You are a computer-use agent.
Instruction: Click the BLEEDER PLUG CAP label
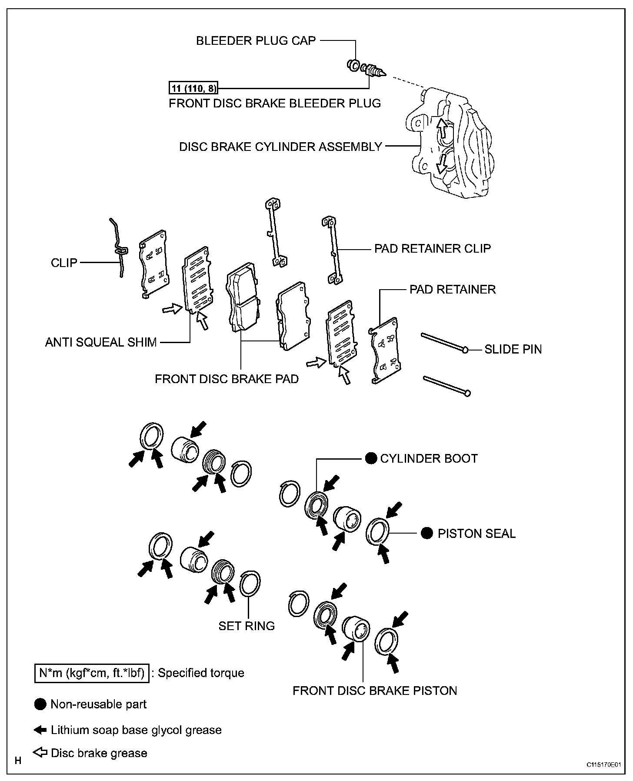256,41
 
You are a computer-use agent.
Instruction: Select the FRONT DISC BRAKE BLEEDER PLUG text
275,103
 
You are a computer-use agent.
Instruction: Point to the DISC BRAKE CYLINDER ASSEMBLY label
280,147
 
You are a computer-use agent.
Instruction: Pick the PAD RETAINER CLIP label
433,248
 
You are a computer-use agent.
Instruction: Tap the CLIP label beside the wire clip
64,263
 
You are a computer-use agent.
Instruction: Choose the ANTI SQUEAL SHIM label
101,342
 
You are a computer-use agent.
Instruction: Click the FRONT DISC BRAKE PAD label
227,379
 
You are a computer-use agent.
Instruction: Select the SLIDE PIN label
513,349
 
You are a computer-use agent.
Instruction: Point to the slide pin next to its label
443,342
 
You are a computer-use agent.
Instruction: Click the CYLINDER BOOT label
429,458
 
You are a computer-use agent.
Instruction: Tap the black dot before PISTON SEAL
427,533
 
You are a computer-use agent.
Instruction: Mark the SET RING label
247,626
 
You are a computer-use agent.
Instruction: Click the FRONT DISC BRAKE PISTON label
375,691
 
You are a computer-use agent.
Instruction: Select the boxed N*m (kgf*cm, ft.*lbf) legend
92,673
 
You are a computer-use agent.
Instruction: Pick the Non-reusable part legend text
99,704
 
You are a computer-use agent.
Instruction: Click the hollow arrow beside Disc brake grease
40,752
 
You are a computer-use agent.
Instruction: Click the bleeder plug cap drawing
352,65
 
